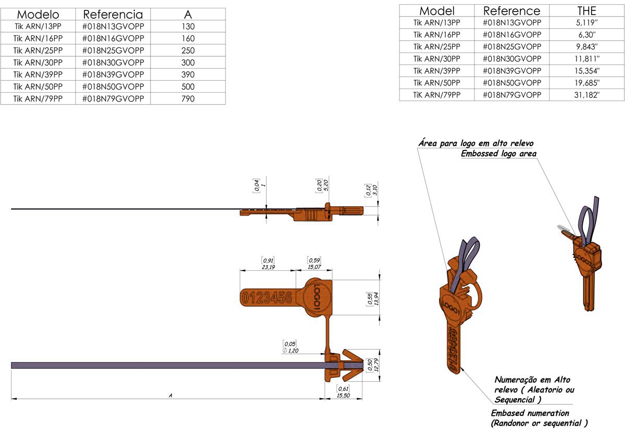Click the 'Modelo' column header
click(x=38, y=15)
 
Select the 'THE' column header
click(x=587, y=10)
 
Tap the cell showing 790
click(x=188, y=98)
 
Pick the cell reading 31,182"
click(x=587, y=95)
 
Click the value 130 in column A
click(x=188, y=27)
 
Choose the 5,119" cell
click(x=587, y=22)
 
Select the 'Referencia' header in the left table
click(x=113, y=15)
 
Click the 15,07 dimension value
click(x=314, y=267)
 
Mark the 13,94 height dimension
click(x=375, y=299)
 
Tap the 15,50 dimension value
click(x=343, y=396)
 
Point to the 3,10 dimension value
click(x=374, y=190)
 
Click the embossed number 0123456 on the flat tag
click(x=267, y=298)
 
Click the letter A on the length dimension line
click(x=170, y=396)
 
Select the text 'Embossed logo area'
click(x=498, y=154)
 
